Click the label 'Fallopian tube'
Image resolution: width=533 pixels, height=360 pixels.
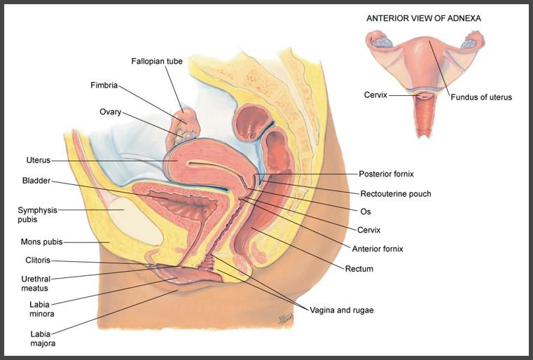coord(157,62)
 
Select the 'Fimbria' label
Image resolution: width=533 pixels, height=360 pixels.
coord(104,85)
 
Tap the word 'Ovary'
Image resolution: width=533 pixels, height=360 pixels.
coord(110,111)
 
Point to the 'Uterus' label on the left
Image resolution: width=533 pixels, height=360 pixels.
coord(38,160)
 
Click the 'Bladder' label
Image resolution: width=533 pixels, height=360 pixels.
coord(36,181)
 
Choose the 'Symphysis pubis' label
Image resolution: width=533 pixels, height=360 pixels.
coord(37,214)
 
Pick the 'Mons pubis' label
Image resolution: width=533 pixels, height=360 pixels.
coord(41,242)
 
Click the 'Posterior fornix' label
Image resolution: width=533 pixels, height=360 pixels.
coord(391,174)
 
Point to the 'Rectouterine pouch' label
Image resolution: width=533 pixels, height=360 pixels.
coord(395,194)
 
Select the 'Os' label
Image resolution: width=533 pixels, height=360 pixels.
coord(365,211)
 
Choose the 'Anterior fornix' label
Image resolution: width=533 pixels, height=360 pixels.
coord(378,249)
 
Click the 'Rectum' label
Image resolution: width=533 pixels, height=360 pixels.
coord(359,269)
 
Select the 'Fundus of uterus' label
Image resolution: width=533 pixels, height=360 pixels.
coord(480,97)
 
